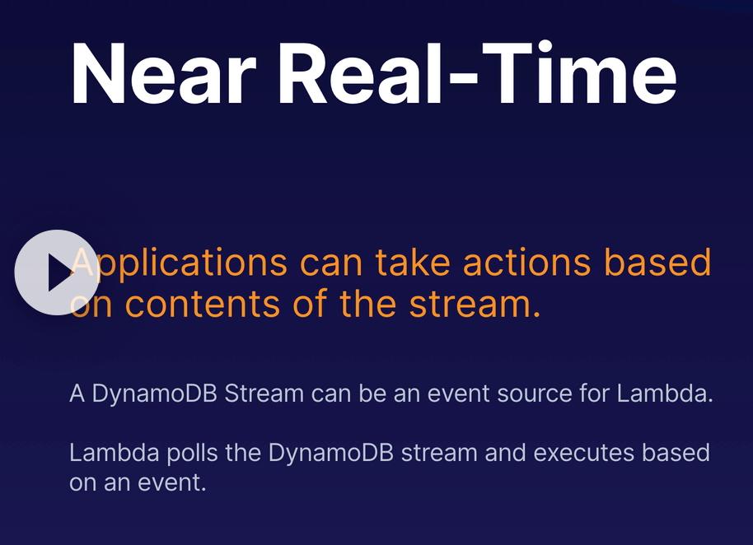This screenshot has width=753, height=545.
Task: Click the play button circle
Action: click(57, 272)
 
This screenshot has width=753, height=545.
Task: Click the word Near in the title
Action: click(164, 73)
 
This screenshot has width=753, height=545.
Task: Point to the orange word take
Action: click(413, 263)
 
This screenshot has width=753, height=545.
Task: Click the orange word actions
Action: click(526, 263)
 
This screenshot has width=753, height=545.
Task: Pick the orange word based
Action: click(657, 263)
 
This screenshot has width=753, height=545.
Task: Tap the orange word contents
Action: click(202, 304)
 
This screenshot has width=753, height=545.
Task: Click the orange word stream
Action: click(475, 304)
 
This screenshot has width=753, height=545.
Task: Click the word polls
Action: click(192, 454)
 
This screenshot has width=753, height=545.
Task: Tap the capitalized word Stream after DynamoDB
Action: click(264, 394)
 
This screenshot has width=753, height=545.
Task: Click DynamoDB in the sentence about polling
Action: click(331, 454)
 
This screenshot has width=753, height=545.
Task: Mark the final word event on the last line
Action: click(171, 482)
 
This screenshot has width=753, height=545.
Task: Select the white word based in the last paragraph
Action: click(676, 453)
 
